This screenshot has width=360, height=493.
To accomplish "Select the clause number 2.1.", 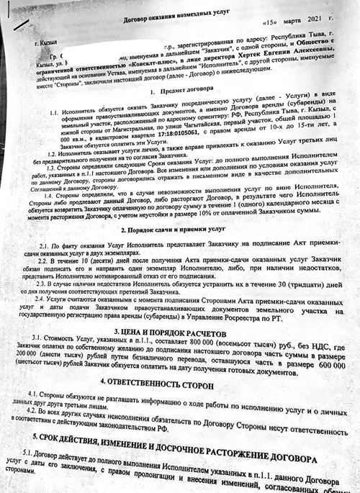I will click(x=45, y=246).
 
